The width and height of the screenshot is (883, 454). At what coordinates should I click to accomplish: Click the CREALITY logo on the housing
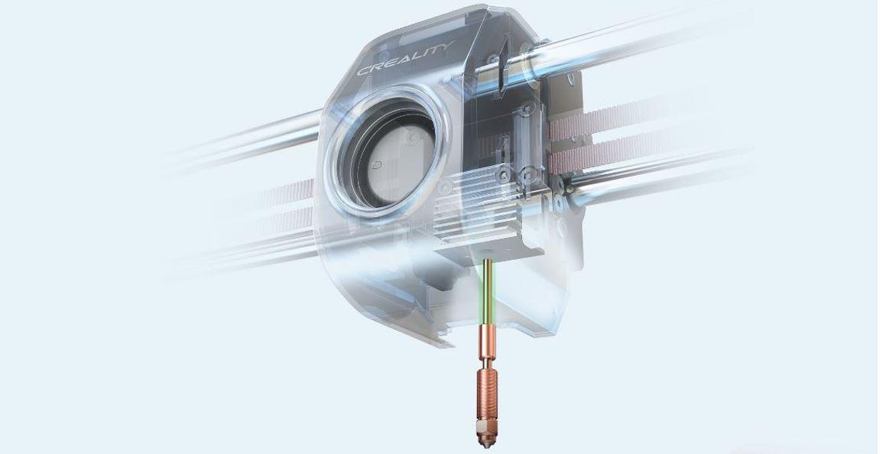coord(405,58)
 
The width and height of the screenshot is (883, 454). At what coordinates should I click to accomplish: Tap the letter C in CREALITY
coord(364,70)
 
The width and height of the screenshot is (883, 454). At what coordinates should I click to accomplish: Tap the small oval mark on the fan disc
coord(377,164)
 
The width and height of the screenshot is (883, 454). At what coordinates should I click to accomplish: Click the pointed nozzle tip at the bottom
coord(484,446)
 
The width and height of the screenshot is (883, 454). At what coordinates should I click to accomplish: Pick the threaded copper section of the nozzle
coord(484,397)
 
